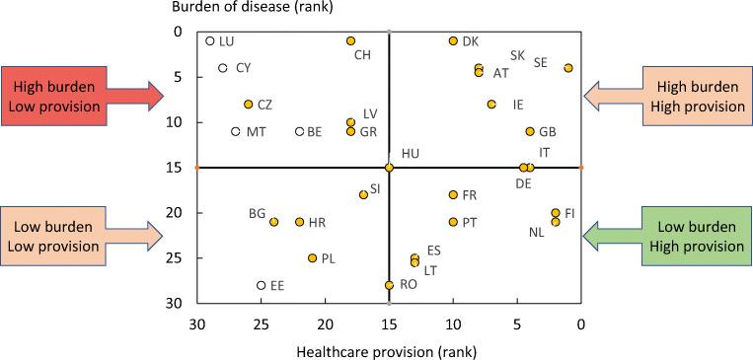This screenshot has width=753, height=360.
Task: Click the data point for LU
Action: coord(210,41)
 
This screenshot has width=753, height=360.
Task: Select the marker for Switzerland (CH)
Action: coord(350,40)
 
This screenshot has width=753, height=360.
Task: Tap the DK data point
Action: coord(453,40)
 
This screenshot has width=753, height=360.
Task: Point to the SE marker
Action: coord(568,68)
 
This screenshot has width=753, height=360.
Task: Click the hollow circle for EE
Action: coord(262,285)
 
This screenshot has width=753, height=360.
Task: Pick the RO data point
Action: coord(389,285)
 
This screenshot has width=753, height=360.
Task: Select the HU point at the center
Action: coord(389,168)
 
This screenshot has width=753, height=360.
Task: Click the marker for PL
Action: coord(312,258)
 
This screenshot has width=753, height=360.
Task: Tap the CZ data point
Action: coord(249,105)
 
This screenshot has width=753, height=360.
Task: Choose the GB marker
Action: coord(530,131)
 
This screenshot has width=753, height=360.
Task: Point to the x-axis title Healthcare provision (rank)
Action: coord(389,350)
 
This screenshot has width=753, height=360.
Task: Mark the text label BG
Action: coord(258,213)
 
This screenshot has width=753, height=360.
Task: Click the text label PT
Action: coord(470,223)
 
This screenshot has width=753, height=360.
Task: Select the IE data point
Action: coord(491,105)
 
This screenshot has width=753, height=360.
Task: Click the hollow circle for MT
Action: coord(236,131)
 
